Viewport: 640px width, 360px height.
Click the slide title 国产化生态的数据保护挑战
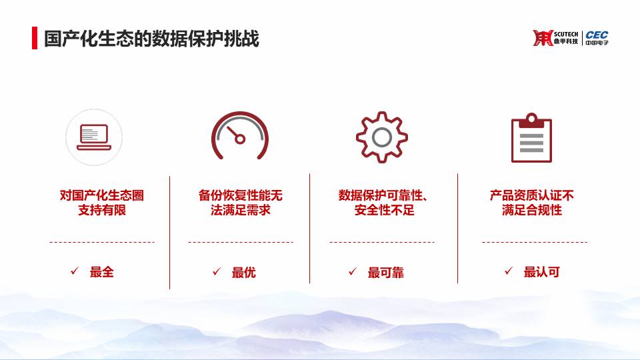(151, 39)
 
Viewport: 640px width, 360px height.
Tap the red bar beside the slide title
(35, 38)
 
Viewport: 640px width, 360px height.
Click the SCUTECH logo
(555, 38)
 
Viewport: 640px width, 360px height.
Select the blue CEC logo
(597, 37)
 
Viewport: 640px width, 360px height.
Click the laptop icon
(94, 137)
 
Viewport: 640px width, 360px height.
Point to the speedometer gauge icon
(240, 135)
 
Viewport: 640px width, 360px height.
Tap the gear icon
(381, 137)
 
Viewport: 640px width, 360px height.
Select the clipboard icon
(531, 138)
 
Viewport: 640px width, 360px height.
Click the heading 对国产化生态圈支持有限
(101, 203)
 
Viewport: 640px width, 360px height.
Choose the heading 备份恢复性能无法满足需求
(241, 203)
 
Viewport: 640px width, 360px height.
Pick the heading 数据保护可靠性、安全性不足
(383, 203)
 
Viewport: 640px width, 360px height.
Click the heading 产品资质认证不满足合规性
(532, 203)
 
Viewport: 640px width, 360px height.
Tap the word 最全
(101, 272)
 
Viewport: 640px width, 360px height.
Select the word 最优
(244, 272)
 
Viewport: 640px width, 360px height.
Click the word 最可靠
(386, 272)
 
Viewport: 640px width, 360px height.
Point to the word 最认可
(541, 272)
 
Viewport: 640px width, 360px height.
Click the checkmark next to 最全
(75, 271)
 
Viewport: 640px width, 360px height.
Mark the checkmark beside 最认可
(509, 271)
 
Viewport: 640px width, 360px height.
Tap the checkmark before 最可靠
(353, 271)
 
